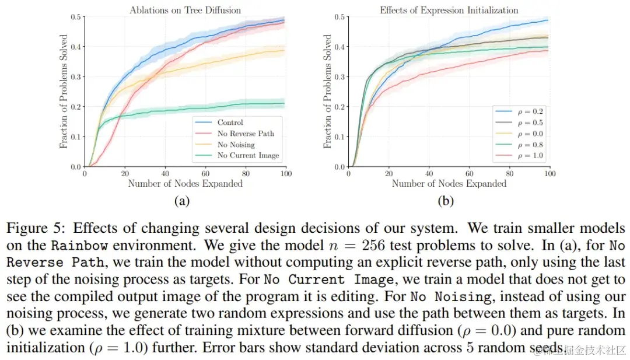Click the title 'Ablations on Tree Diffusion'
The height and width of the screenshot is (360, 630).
point(185,9)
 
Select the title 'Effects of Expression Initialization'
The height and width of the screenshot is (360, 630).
point(449,10)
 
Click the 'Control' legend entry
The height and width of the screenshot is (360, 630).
point(230,123)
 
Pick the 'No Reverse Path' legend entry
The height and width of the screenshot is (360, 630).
point(245,134)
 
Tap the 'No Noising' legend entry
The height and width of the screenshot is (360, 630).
point(236,145)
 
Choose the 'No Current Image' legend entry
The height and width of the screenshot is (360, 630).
point(248,156)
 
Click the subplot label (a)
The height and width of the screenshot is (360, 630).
point(181,201)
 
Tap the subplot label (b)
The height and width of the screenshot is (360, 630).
point(446,201)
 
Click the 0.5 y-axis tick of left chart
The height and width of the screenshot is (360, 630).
point(75,16)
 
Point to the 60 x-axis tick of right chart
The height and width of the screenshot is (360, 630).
point(469,174)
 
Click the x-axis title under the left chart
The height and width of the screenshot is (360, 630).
point(185,184)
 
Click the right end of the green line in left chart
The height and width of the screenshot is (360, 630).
point(285,103)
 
